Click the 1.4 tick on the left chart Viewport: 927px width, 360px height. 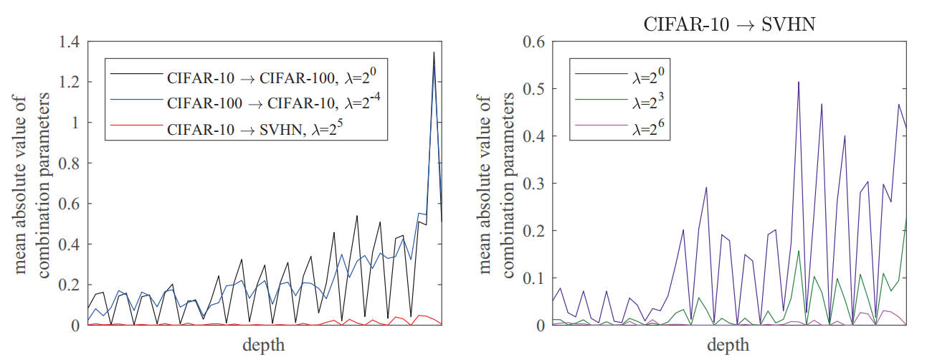click(x=70, y=42)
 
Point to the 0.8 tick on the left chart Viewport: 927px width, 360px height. click(x=70, y=164)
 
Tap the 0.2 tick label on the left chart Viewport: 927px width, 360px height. click(x=70, y=285)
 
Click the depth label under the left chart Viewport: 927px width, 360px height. click(x=264, y=345)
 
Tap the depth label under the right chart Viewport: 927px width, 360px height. click(x=728, y=345)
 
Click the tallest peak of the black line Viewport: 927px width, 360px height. click(x=434, y=52)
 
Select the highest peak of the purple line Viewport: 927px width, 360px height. click(x=798, y=82)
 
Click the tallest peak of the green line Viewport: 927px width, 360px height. click(x=906, y=217)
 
